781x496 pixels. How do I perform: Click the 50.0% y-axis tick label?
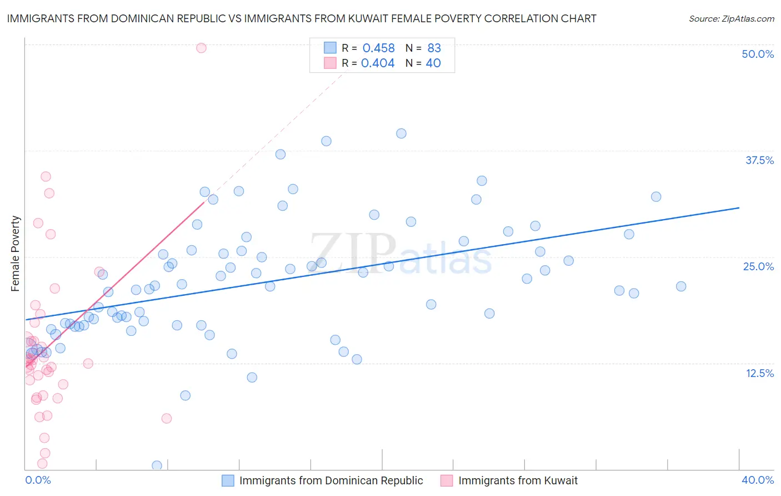coord(758,54)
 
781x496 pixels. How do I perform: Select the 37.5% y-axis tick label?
coord(759,160)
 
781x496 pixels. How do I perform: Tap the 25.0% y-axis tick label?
coord(758,266)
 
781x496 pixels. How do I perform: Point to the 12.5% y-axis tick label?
coord(759,373)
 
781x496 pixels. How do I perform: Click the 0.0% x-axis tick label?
coord(38,480)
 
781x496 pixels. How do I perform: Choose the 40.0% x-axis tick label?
coord(758,480)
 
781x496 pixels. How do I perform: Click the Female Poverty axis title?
coord(16,254)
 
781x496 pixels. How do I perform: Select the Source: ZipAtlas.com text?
coord(731,19)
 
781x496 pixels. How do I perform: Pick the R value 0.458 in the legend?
coord(378,48)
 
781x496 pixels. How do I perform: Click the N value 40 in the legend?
coord(433,63)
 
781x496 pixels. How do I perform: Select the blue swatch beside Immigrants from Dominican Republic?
coord(228,480)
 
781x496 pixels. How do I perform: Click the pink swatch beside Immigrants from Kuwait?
coord(447,480)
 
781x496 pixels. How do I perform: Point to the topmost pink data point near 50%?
coord(201,48)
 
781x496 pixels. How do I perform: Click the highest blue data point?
coord(401,133)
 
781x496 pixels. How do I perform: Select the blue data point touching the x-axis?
coord(157,465)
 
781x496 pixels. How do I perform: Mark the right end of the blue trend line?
coord(739,207)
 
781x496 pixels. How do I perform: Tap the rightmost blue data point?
coord(681,286)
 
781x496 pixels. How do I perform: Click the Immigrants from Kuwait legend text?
coord(518,480)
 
